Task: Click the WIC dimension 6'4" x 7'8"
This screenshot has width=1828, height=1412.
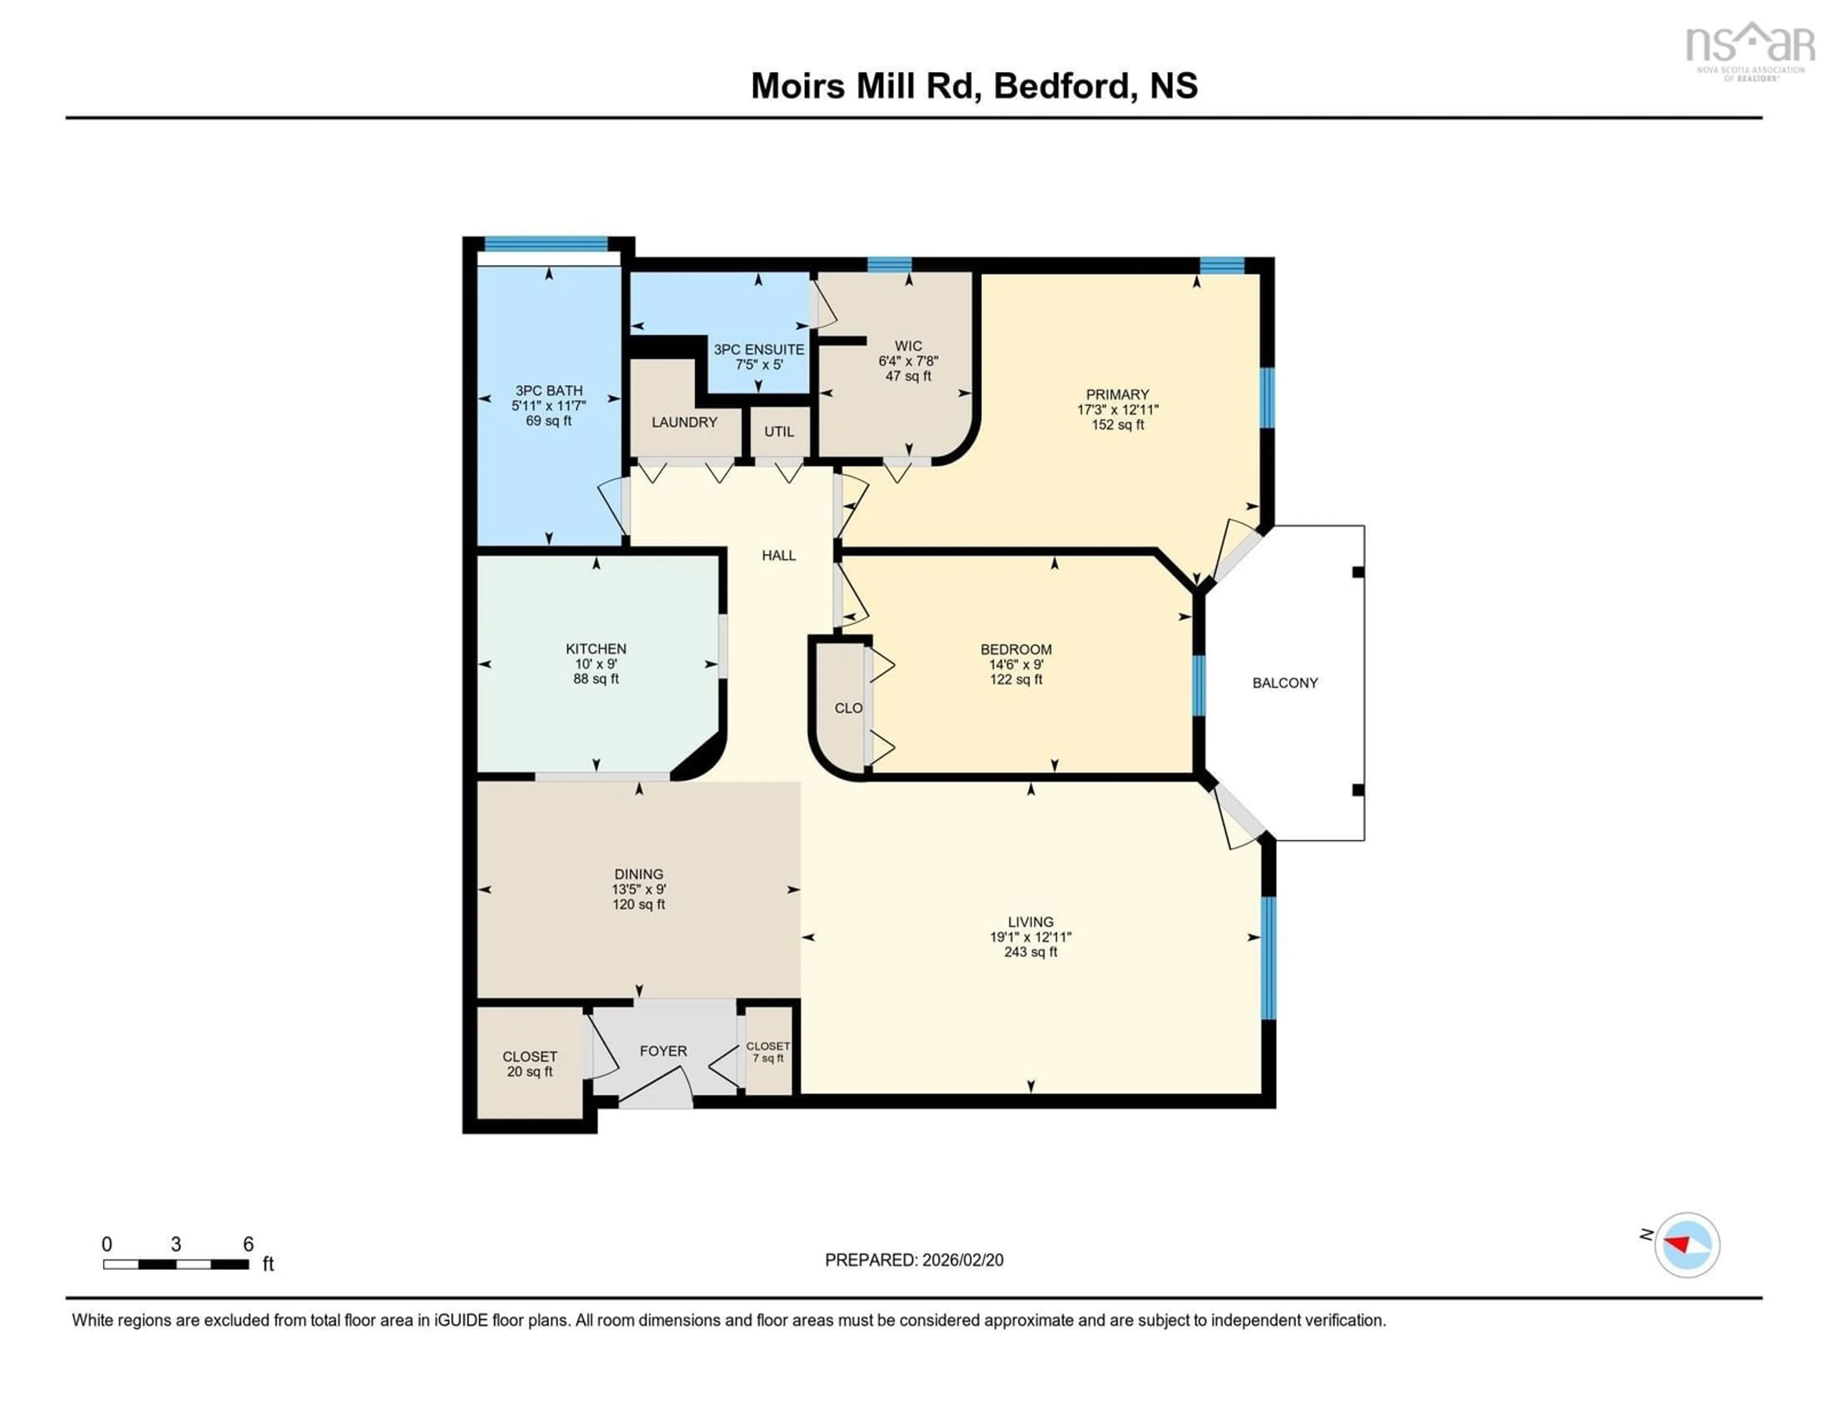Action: click(908, 361)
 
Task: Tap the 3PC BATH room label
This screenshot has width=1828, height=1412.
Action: click(548, 390)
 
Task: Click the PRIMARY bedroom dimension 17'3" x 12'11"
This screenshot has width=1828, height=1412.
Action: click(1117, 409)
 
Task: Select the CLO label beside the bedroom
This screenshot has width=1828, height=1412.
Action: click(848, 708)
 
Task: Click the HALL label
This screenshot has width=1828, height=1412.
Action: click(778, 555)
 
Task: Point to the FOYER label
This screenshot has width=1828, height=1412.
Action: click(663, 1050)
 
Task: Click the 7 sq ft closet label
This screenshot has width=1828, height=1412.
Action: click(767, 1058)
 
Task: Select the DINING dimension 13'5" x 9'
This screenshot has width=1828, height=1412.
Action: click(639, 889)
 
